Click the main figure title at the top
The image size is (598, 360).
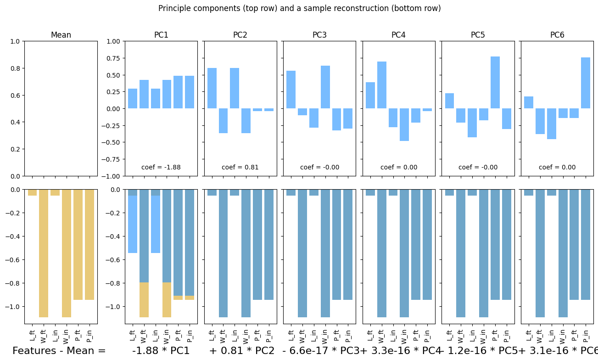[299, 8]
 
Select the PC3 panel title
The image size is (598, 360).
[320, 35]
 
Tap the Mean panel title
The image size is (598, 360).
[61, 35]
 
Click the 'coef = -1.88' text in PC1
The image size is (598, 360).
[161, 167]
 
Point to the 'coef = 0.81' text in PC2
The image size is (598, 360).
[240, 167]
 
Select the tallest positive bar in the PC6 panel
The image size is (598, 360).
[586, 83]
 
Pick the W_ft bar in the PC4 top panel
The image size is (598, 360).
[381, 85]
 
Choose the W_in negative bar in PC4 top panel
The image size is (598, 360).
[404, 124]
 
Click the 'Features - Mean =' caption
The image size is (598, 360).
[59, 351]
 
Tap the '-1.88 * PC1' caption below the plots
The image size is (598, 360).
[161, 351]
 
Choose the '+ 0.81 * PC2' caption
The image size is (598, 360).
[242, 351]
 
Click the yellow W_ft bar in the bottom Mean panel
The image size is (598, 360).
[44, 253]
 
